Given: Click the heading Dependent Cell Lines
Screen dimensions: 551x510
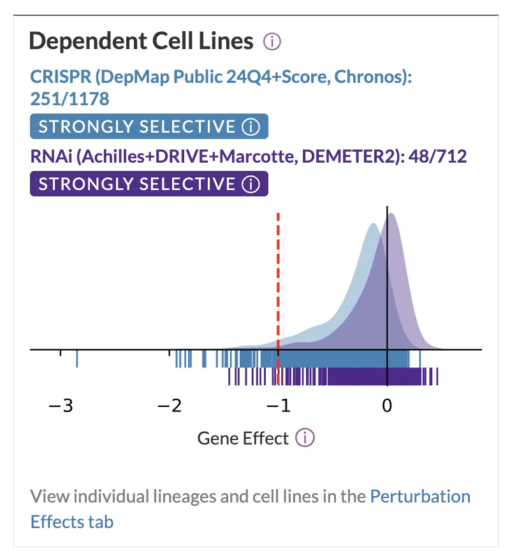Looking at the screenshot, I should click(x=141, y=41).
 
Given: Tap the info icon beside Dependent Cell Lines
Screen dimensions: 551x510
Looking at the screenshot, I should click(x=272, y=42).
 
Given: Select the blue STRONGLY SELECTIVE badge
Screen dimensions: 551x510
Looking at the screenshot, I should click(x=149, y=127).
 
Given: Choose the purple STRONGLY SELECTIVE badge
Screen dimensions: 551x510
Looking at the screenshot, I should click(x=149, y=184).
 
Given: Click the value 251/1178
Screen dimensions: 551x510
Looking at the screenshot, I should click(x=69, y=99).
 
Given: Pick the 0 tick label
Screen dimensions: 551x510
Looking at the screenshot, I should click(x=386, y=406).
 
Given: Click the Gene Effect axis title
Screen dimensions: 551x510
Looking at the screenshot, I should click(x=243, y=438).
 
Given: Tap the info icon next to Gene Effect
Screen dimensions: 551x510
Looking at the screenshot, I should click(x=306, y=438).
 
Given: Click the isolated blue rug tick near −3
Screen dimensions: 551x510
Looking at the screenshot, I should click(x=76, y=358).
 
